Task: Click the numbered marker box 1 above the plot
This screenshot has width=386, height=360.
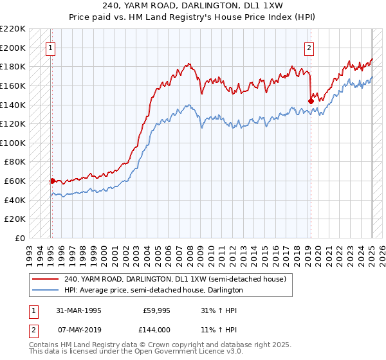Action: point(50,47)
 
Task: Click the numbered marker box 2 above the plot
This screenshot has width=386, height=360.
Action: point(309,47)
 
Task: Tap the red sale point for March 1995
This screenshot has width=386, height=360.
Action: point(52,181)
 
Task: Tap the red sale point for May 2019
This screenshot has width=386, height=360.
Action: point(311,100)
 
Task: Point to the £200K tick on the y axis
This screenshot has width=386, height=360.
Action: point(14,48)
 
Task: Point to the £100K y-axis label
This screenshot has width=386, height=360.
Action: point(14,143)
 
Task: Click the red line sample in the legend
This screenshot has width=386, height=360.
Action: point(46,280)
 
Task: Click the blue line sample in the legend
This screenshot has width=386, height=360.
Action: point(46,290)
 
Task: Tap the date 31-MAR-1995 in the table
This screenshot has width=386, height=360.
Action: point(78,309)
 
